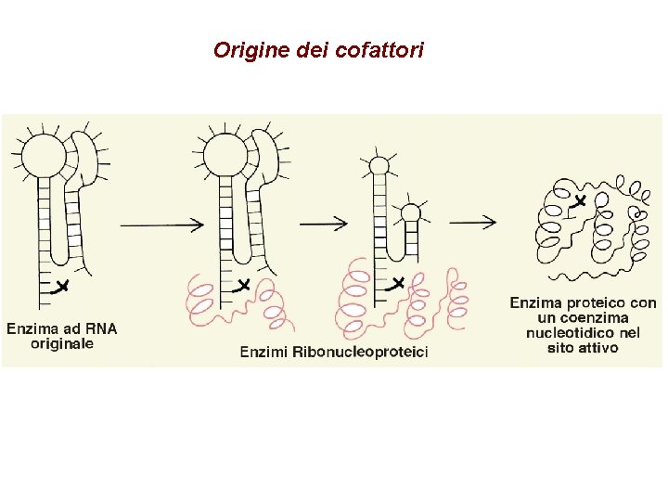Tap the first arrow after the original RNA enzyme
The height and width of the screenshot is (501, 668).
[161, 224]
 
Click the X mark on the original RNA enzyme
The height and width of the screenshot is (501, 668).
[61, 286]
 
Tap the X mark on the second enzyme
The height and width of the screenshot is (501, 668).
[243, 285]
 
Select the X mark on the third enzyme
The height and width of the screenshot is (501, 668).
[397, 282]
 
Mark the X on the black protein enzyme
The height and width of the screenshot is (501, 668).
[580, 200]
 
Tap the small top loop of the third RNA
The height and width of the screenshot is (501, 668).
[379, 165]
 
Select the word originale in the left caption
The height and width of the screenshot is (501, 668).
[62, 344]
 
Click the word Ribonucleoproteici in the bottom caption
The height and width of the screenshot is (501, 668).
[361, 352]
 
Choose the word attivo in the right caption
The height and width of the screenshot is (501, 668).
[597, 348]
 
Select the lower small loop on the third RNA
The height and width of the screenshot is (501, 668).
[410, 214]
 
